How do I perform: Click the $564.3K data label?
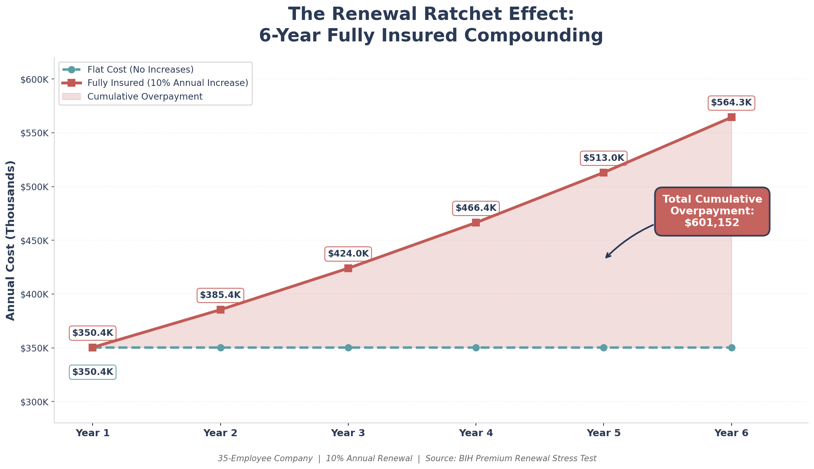731,103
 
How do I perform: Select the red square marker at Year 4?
476,223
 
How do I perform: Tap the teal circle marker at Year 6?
731,348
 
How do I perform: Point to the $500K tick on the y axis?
34,187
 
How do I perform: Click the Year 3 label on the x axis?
348,433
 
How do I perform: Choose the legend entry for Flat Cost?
140,70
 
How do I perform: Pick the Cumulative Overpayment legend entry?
145,96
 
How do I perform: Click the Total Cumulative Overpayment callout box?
712,211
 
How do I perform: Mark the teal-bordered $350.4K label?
93,372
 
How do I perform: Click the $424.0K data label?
348,254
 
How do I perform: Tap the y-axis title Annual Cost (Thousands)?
11,240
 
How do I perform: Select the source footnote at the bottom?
407,458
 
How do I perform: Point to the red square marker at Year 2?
220,310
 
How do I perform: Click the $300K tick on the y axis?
34,402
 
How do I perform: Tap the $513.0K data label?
603,158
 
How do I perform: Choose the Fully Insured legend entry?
167,83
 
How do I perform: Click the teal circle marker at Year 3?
348,348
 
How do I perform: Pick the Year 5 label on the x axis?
603,433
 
